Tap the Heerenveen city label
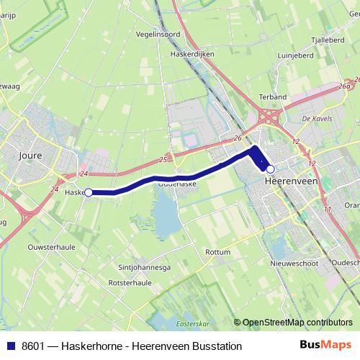tap(291, 181)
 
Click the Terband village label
tap(273, 96)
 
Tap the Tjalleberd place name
tap(328, 40)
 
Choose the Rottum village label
tap(217, 252)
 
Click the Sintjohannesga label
tap(144, 267)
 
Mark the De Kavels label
tap(315, 118)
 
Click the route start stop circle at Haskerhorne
tap(89, 192)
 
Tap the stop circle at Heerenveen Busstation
tap(270, 169)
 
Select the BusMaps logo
tap(325, 346)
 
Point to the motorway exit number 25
tap(164, 159)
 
